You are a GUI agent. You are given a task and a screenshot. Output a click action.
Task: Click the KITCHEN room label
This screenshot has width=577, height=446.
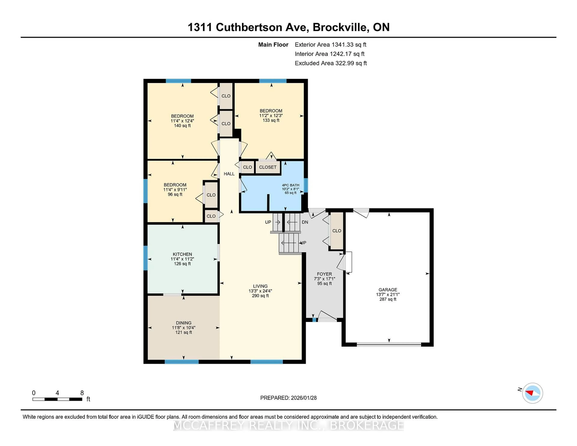coord(182,254)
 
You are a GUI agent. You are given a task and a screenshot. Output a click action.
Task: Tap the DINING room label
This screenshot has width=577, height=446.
coord(184,323)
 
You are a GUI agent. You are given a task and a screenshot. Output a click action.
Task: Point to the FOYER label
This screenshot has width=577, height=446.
coord(324,274)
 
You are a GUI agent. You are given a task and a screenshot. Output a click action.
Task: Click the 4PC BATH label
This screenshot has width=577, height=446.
coord(291,185)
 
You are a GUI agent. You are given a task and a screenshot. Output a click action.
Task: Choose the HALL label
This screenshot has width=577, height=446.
coord(229,174)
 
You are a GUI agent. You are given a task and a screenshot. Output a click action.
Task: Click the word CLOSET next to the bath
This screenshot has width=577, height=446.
coord(268,167)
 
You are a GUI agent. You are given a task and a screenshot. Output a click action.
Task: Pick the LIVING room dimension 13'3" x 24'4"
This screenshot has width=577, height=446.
coord(260,291)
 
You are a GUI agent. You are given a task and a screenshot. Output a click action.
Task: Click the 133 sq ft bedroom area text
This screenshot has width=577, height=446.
coord(271,120)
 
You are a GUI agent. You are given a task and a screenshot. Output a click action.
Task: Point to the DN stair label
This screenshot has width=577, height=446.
coord(305,222)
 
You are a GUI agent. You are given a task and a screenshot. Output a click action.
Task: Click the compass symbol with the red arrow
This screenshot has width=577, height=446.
coord(532,393)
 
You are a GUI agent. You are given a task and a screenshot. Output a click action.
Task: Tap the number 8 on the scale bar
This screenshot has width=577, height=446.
coord(82,393)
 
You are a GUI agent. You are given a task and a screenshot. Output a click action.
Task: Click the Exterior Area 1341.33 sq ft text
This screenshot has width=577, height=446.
coord(330,45)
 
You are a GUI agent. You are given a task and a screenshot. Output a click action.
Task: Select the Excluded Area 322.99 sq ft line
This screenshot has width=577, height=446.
coord(331,63)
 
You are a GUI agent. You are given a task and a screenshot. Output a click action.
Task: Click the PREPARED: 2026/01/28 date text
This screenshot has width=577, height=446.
coord(288,398)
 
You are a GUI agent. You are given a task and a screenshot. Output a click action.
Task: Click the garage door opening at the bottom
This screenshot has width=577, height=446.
coord(389,344)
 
